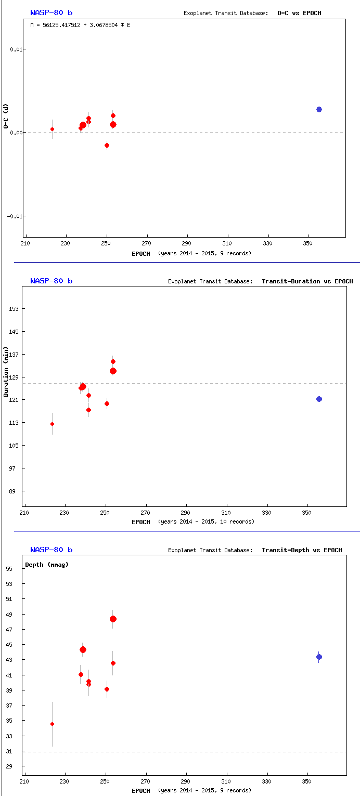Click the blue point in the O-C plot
click(319, 109)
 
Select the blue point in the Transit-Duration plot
click(319, 399)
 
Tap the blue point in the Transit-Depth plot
click(319, 657)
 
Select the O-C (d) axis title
click(6, 116)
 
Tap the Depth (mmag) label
click(47, 564)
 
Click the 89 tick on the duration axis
click(15, 491)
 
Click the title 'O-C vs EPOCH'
click(299, 12)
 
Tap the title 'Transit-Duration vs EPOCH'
click(307, 281)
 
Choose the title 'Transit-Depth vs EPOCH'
click(302, 550)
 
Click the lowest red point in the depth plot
click(52, 724)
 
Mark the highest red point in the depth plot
click(113, 619)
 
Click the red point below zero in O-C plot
click(107, 145)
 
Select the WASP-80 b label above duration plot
click(51, 281)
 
